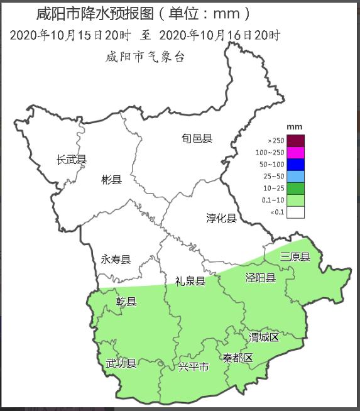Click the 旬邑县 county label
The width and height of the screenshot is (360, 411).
point(197,138)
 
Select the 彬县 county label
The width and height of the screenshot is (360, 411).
point(111,180)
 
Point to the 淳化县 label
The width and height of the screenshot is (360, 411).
point(221,218)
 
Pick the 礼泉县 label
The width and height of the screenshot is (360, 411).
point(190,281)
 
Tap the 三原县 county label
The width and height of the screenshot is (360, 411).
point(295,256)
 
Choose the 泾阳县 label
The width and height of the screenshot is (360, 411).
point(259,278)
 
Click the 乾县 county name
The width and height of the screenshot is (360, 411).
point(126,302)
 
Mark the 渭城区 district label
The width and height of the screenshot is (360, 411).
point(263,337)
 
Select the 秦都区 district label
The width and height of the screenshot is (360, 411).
point(237,358)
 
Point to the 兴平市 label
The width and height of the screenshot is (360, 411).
point(193,366)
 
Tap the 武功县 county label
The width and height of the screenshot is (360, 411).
point(121,363)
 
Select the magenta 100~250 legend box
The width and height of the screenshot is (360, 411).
point(296,153)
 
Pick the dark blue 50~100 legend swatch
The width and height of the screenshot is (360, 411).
point(296,164)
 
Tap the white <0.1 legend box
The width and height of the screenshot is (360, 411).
point(296,212)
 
